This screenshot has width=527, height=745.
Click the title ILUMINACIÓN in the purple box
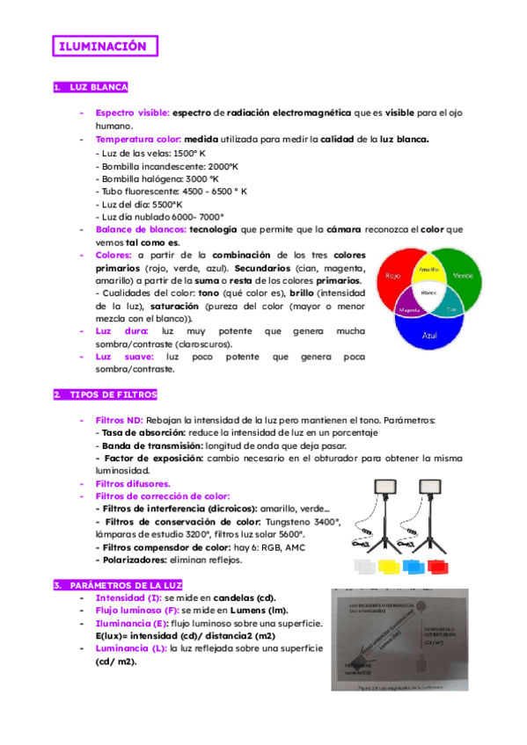(104, 47)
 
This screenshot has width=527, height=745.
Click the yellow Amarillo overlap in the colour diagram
(429, 268)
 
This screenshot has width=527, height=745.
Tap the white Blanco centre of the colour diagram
(429, 293)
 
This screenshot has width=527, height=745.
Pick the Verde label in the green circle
(463, 276)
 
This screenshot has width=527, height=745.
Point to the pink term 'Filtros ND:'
(119, 421)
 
